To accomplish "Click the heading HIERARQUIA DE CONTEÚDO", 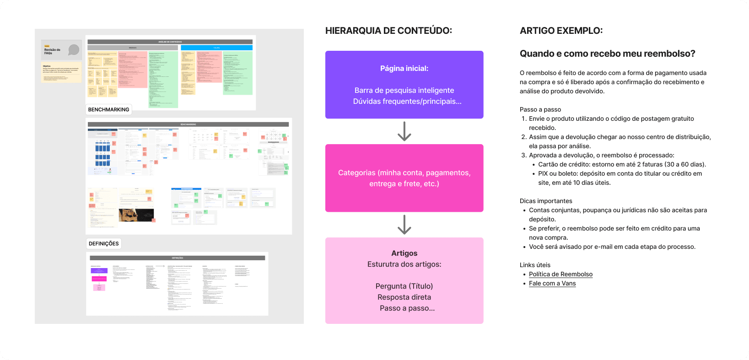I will tap(388, 31).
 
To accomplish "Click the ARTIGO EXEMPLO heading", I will tap(561, 31).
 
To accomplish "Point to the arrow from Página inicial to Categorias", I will tap(404, 131).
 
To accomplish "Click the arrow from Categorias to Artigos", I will tap(404, 224).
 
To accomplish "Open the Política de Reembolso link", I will tap(560, 274).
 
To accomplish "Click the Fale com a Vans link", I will tap(552, 283).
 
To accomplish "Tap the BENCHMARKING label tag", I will tap(108, 109).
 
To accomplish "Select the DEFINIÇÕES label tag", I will tap(103, 243).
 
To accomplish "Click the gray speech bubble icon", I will tap(74, 50).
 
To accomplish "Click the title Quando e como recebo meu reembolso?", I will tap(607, 54).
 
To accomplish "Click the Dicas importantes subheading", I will tap(545, 201).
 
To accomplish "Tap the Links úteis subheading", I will tap(535, 265).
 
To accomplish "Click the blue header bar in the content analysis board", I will tap(216, 48).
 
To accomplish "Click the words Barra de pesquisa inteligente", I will tap(404, 90).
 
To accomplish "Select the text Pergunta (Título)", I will tap(404, 286).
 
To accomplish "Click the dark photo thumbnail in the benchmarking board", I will tap(136, 215).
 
